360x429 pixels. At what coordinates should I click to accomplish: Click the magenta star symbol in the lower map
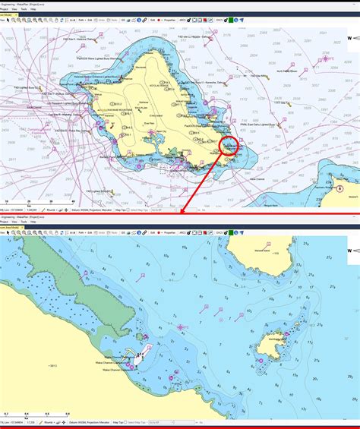(x=181, y=326)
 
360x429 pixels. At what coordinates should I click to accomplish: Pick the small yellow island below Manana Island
(x=267, y=349)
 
